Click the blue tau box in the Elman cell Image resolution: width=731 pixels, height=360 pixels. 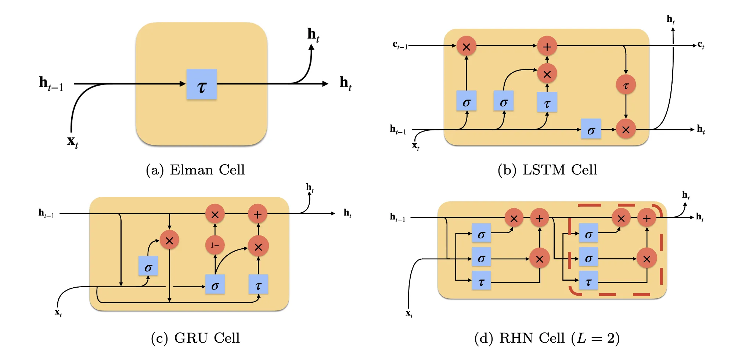tap(201, 84)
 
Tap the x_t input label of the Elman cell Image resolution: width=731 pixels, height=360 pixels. tap(72, 141)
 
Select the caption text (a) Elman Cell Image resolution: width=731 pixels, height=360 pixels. tap(195, 170)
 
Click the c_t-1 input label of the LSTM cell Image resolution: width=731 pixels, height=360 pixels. tap(400, 45)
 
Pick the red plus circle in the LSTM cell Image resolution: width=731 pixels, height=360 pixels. tap(547, 46)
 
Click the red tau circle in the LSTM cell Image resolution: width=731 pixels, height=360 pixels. tap(626, 85)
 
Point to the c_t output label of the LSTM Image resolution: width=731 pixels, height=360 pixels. tap(701, 45)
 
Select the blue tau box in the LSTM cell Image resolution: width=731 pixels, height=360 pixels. tap(547, 102)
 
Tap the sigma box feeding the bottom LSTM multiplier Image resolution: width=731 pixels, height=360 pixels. tap(591, 129)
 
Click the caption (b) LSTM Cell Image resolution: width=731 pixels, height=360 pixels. tap(547, 170)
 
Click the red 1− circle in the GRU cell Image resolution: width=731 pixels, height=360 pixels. tap(215, 245)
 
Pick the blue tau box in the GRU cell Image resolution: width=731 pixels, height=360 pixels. tap(258, 284)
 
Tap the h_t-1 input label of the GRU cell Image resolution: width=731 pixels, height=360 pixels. tap(46, 213)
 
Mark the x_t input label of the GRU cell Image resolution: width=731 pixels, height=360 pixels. tap(58, 313)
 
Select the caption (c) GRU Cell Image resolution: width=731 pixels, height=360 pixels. tap(195, 338)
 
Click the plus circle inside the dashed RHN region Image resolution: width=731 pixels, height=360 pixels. tap(647, 218)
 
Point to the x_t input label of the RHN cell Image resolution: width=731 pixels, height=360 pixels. tap(409, 313)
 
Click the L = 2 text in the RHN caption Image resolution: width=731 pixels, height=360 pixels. tap(595, 338)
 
